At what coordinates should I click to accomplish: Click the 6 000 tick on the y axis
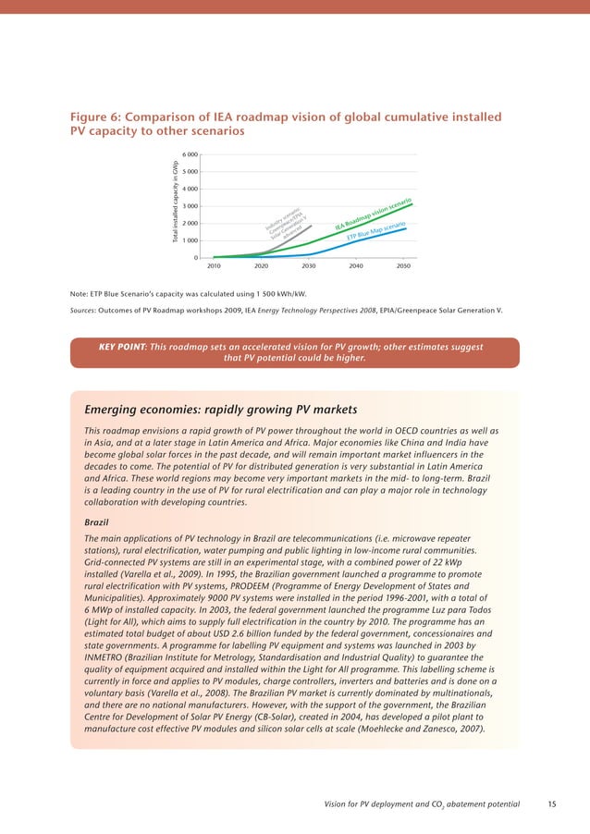click(188, 154)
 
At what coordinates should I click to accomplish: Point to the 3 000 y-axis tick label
click(188, 206)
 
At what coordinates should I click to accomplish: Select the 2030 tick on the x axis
click(308, 265)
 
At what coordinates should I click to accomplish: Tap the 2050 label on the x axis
click(403, 265)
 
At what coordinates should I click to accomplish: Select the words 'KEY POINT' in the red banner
click(121, 347)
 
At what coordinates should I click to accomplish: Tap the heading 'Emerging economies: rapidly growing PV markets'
click(220, 409)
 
